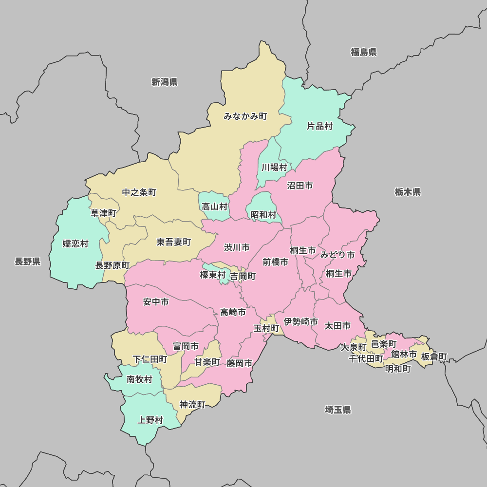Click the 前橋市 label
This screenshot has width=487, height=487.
(275, 262)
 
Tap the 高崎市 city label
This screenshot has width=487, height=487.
(233, 312)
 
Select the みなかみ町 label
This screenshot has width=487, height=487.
(245, 116)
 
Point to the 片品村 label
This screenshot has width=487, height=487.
(319, 126)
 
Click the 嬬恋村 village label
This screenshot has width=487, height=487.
(75, 243)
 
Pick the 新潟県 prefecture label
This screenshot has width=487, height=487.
(164, 82)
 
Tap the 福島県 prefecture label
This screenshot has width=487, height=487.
(364, 52)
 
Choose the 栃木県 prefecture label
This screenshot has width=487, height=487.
(408, 192)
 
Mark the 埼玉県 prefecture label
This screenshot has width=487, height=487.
(338, 410)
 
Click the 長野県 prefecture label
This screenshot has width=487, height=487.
(27, 262)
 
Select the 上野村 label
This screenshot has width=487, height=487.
(150, 420)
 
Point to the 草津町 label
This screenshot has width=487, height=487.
(103, 213)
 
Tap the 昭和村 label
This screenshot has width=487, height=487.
(263, 215)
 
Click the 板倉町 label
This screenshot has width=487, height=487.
(434, 356)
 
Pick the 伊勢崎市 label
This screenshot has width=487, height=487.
(301, 322)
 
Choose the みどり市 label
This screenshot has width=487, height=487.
(337, 255)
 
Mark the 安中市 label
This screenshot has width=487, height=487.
(156, 302)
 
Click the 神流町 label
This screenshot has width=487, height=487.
(192, 404)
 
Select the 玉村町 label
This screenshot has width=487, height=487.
(266, 328)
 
